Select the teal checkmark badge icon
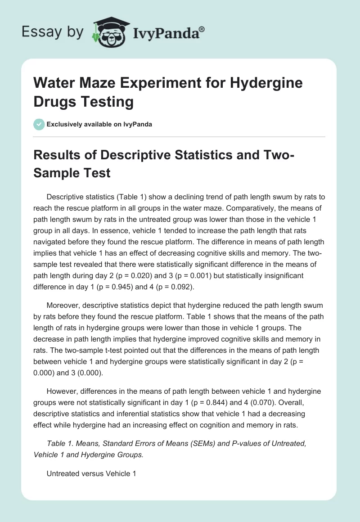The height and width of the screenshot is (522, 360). click(x=39, y=124)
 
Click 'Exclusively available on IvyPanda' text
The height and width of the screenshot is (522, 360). click(x=99, y=124)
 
